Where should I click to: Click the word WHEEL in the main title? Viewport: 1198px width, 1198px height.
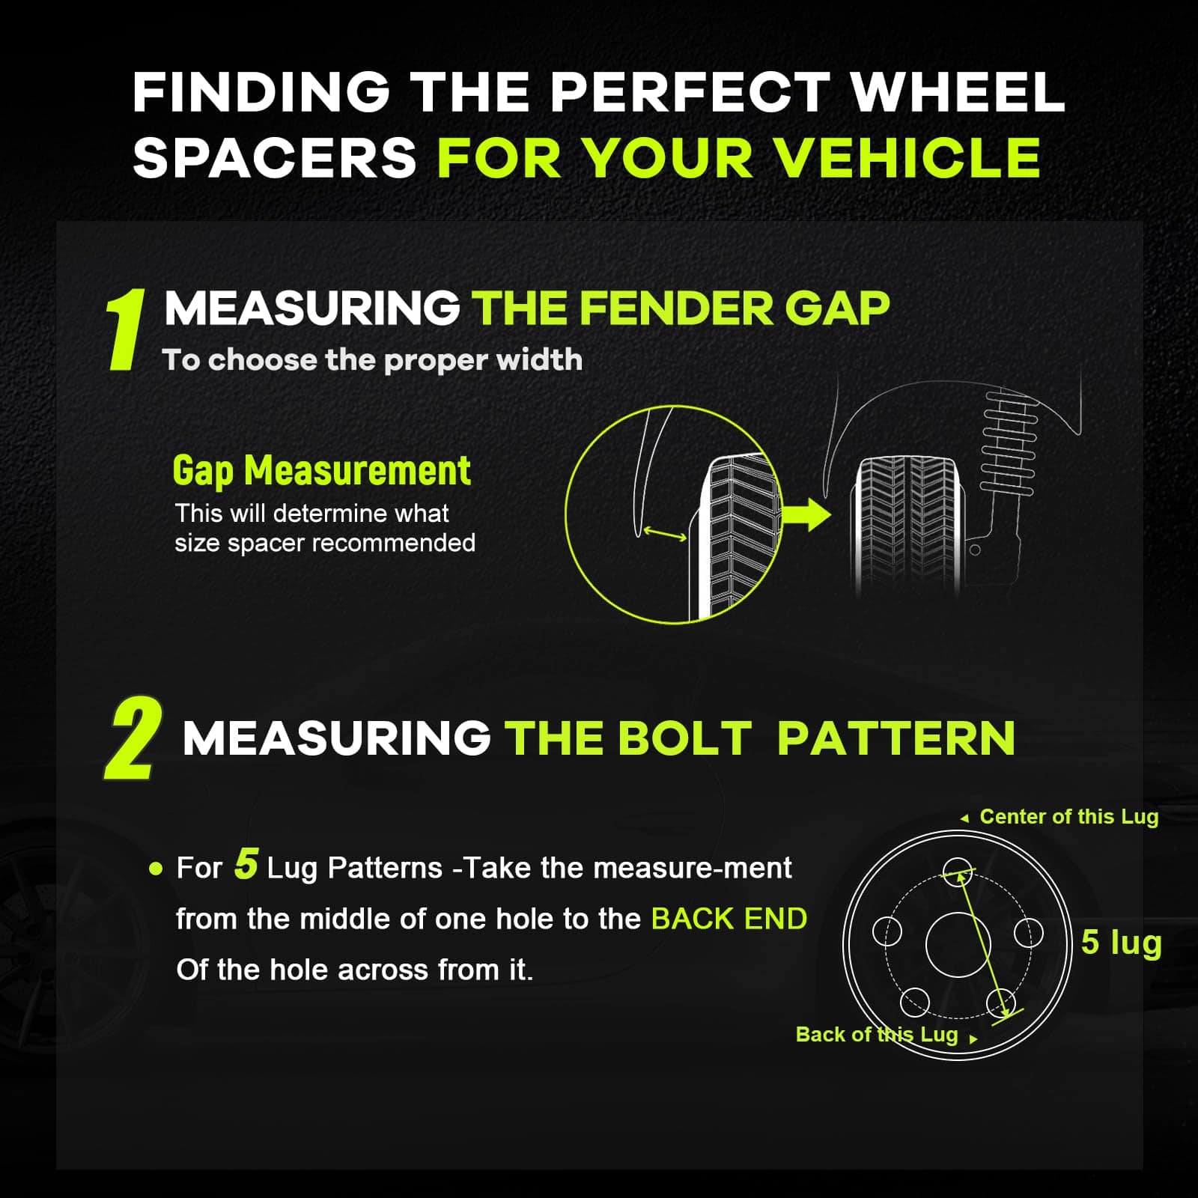click(x=958, y=92)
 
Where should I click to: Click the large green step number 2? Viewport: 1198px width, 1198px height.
click(x=133, y=740)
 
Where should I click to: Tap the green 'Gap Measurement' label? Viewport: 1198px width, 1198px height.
click(x=322, y=470)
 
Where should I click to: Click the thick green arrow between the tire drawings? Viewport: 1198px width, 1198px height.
click(x=806, y=514)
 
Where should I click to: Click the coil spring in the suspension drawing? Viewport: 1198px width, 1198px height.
click(x=1010, y=443)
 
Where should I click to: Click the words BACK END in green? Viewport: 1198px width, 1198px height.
click(x=729, y=919)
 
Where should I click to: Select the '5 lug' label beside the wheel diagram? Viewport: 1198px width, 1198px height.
click(x=1122, y=943)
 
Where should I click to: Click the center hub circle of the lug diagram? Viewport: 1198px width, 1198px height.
click(x=958, y=944)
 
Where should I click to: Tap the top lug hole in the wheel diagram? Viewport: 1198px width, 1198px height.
click(x=958, y=871)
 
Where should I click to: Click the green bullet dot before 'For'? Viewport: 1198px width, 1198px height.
click(x=156, y=869)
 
